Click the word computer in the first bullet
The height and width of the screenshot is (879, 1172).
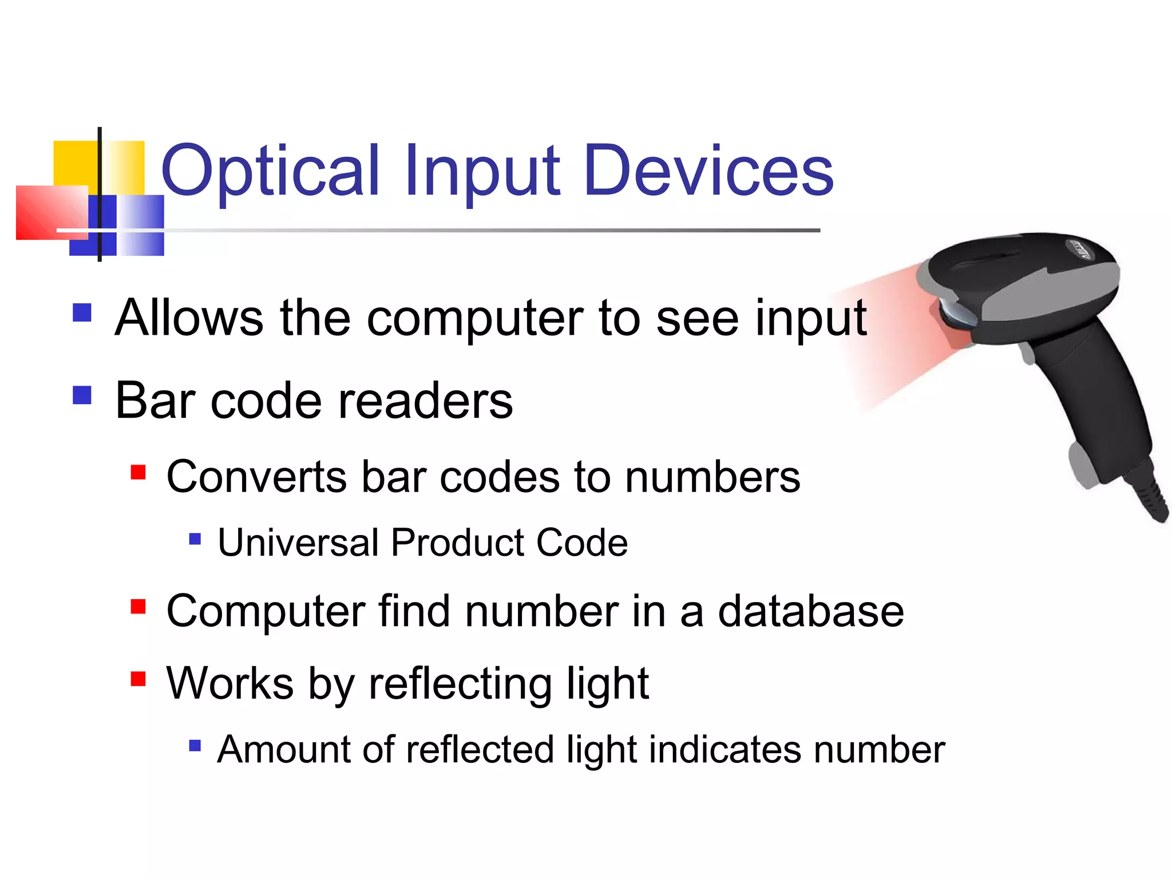click(x=474, y=319)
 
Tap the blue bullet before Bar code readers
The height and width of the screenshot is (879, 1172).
click(x=82, y=395)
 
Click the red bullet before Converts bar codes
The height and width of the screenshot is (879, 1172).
click(x=138, y=472)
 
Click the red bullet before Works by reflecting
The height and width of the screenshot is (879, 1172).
click(x=138, y=679)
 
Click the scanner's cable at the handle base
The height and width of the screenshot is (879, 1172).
click(x=1150, y=498)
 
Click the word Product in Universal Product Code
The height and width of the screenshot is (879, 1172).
click(x=455, y=543)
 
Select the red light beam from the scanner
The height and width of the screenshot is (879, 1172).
click(x=893, y=338)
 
